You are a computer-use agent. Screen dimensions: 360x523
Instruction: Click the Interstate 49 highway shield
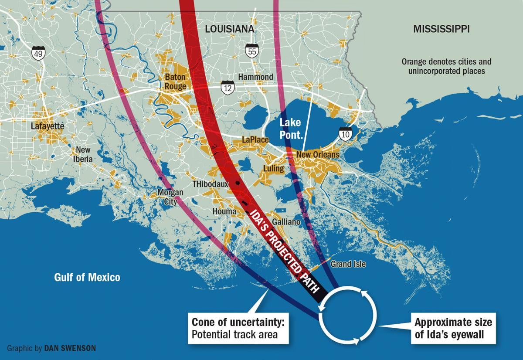pos(38,53)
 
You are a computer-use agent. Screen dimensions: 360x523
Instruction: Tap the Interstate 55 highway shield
pos(251,50)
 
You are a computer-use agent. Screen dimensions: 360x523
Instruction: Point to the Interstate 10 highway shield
pos(346,134)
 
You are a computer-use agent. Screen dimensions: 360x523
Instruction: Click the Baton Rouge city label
pos(175,82)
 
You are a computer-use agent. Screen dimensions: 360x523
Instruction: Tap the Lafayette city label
pos(48,126)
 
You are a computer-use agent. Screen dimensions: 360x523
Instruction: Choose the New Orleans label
pos(317,155)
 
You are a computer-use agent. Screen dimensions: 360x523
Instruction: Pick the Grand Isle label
pos(348,264)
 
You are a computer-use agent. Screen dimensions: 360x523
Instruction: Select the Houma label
pos(224,211)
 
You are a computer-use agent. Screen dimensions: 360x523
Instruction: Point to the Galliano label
pos(286,222)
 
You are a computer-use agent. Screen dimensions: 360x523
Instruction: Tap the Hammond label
pos(255,77)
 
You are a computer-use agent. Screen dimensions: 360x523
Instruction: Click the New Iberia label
pos(83,154)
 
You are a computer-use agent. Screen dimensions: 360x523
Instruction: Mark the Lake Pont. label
pos(291,129)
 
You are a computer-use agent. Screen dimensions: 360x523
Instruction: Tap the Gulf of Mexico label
pos(87,277)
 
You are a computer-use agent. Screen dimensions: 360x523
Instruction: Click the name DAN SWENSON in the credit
pos(69,349)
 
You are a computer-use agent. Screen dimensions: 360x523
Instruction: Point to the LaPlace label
pos(256,140)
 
